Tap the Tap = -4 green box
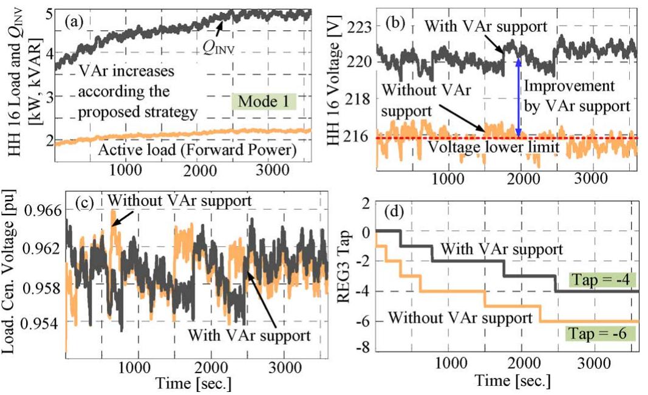click(x=602, y=279)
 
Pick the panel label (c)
click(x=82, y=203)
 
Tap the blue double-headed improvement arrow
click(x=518, y=97)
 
